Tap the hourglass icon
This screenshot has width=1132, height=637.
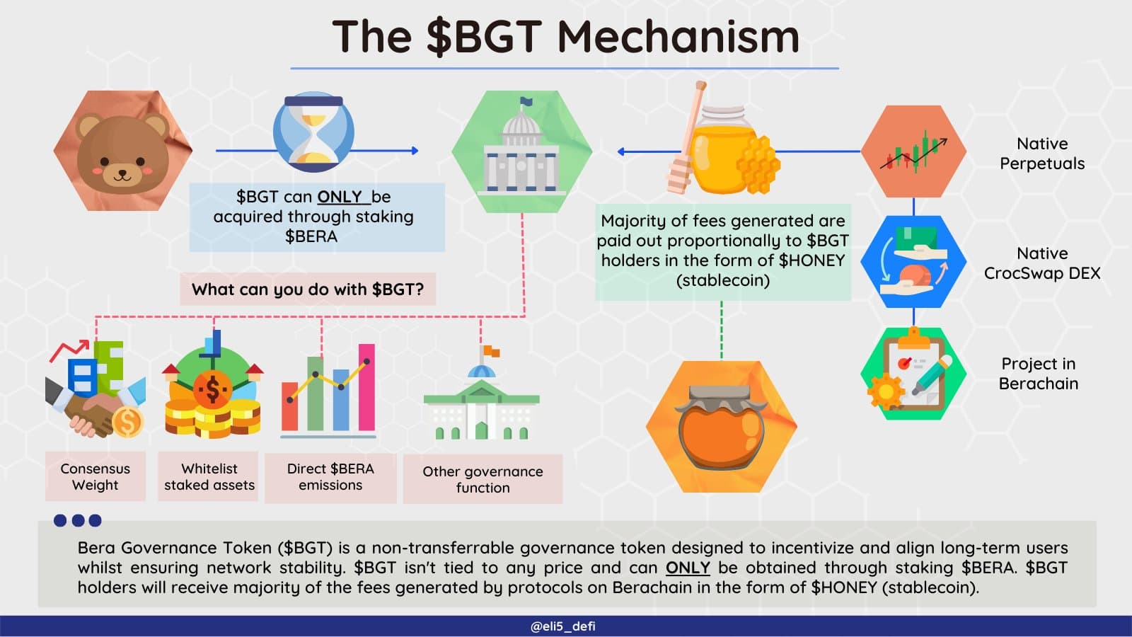[x=313, y=132]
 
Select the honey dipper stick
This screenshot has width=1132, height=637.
[x=686, y=137]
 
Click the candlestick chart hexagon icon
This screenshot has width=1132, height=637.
[x=913, y=151]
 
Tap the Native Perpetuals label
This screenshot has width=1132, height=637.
[x=1042, y=154]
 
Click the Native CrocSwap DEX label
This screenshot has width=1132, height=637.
[x=1042, y=263]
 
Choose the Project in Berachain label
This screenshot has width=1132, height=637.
[x=1039, y=374]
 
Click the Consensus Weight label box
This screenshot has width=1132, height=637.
[x=96, y=476]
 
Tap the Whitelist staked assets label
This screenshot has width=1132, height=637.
[x=209, y=476]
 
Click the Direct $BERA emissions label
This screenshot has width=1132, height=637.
[x=330, y=477]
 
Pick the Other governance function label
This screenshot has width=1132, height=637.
[x=483, y=479]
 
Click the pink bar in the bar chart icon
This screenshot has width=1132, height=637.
[x=367, y=387]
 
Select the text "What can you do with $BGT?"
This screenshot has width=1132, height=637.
[x=308, y=289]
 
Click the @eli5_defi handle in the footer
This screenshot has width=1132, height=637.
[x=563, y=626]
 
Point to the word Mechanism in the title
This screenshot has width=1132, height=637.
[x=678, y=36]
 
